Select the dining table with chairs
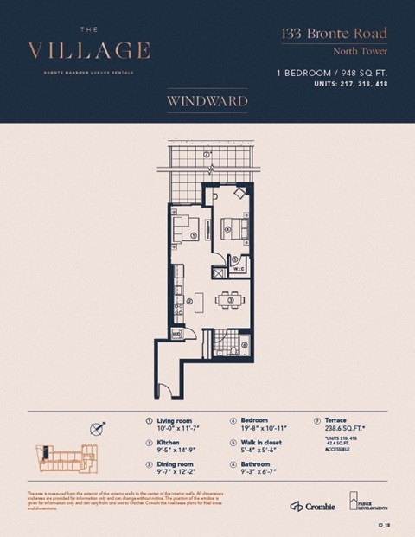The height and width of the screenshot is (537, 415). [x=230, y=300]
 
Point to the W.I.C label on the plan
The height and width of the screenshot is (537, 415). [x=239, y=269]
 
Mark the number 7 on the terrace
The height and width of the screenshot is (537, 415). [x=207, y=157]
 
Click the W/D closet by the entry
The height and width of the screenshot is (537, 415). [x=176, y=331]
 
